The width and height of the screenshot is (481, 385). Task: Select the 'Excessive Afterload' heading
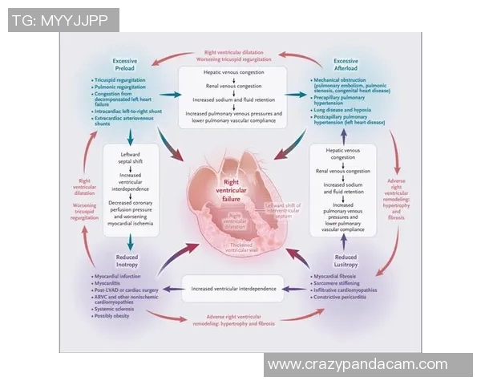pos(345,65)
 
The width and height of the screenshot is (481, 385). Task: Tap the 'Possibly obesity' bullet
pos(116,315)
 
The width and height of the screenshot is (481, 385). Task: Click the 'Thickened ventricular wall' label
pos(238,245)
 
